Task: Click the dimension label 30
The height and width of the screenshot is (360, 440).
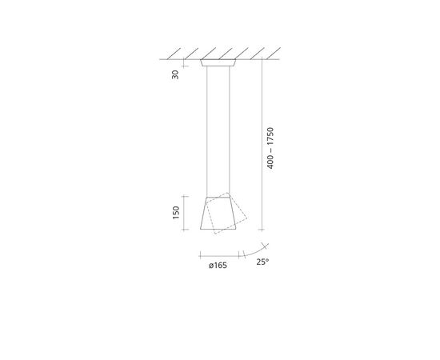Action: click(175, 74)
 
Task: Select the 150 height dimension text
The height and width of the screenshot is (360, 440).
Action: click(176, 213)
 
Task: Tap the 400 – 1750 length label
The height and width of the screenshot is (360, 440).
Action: click(270, 148)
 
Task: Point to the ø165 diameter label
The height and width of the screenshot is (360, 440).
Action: click(218, 265)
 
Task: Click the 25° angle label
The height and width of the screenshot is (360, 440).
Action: click(262, 262)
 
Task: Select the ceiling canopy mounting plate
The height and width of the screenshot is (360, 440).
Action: click(218, 63)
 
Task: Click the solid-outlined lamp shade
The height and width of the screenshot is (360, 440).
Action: click(218, 213)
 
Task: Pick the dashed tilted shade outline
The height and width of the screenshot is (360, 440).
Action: click(226, 214)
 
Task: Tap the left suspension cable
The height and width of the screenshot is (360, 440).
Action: click(207, 131)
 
